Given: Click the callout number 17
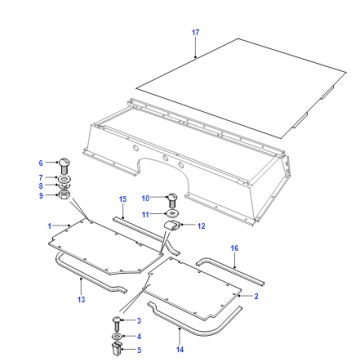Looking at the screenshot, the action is (195, 32).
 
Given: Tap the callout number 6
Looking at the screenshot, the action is (41, 163).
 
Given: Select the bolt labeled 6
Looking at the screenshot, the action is (64, 166).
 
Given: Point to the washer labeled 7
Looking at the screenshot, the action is (63, 180).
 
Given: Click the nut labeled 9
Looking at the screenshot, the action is (64, 194).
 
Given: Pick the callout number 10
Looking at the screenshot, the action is (145, 198).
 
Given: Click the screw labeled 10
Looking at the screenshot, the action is (172, 200).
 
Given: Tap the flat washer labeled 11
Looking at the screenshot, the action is (172, 213).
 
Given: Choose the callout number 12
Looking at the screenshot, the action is (201, 226).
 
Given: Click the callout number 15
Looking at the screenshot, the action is (123, 199).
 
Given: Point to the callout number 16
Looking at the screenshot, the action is (235, 248).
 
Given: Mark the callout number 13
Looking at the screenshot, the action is (81, 299).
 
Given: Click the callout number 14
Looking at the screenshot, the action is (180, 349).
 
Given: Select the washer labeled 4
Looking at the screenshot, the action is (117, 336).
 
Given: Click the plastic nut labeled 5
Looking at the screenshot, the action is (117, 349).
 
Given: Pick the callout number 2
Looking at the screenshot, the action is (256, 296).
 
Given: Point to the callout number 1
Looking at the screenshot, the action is (50, 226).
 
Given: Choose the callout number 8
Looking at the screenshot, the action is (41, 186).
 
